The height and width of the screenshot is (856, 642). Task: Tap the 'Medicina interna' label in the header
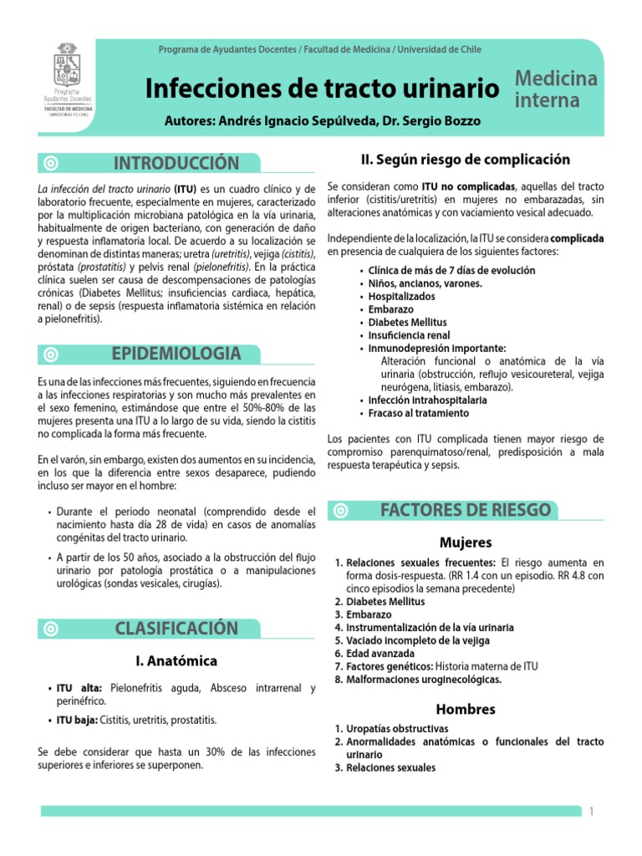pyautogui.click(x=556, y=90)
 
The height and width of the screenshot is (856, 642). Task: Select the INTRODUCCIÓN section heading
pyautogui.click(x=176, y=163)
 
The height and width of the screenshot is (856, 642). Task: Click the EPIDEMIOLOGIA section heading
pyautogui.click(x=176, y=354)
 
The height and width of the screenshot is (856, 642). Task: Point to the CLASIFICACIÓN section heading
pyautogui.click(x=176, y=628)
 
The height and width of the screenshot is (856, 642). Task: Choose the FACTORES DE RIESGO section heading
pyautogui.click(x=465, y=510)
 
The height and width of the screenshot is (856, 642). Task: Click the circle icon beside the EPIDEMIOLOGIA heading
pyautogui.click(x=52, y=354)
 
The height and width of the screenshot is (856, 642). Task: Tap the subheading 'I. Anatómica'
pyautogui.click(x=176, y=661)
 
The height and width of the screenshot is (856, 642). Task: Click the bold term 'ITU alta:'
pyautogui.click(x=79, y=688)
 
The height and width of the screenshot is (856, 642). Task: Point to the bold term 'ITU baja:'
pyautogui.click(x=77, y=720)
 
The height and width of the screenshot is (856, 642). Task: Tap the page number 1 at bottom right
pyautogui.click(x=591, y=812)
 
